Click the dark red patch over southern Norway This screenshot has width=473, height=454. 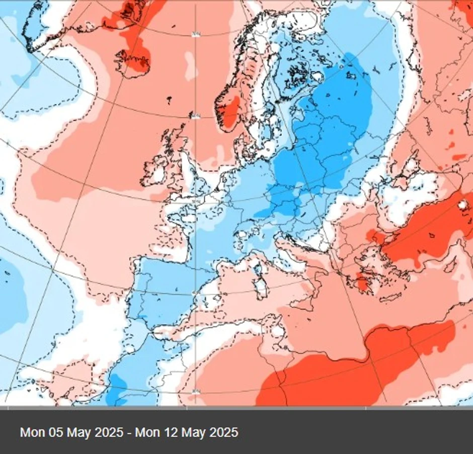[231, 112]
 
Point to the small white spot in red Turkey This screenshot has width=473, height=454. [461, 205]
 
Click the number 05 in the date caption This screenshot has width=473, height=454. [54, 432]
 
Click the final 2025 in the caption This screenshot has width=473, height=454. [224, 432]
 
